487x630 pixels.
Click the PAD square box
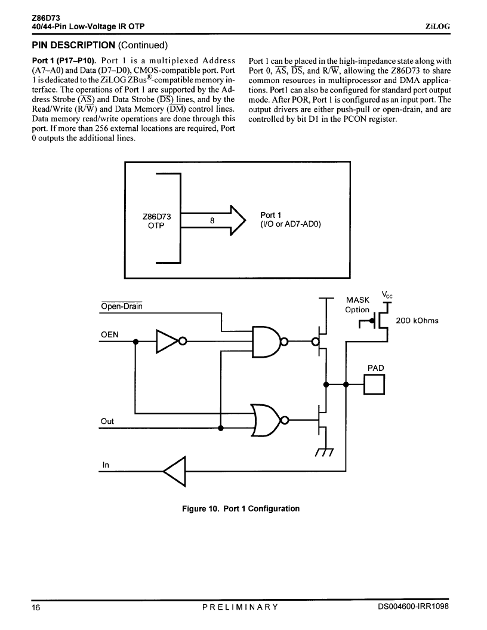[374, 385]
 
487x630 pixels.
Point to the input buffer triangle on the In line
[175, 471]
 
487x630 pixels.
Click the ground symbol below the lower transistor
[325, 452]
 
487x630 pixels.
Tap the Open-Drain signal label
[122, 306]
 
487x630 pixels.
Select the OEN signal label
[110, 334]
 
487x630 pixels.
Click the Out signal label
[107, 421]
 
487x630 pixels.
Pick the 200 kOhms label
[417, 321]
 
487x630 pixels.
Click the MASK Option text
[357, 305]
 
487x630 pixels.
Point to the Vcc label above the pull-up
[387, 294]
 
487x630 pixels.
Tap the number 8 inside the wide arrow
[212, 220]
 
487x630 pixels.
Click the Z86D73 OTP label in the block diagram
[156, 221]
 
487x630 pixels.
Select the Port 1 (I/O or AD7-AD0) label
[291, 219]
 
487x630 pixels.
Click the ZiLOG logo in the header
[437, 26]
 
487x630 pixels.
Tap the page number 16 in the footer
[36, 607]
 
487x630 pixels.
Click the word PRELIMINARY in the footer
[240, 607]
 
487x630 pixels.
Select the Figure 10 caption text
[241, 509]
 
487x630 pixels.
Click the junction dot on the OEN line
[135, 342]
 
